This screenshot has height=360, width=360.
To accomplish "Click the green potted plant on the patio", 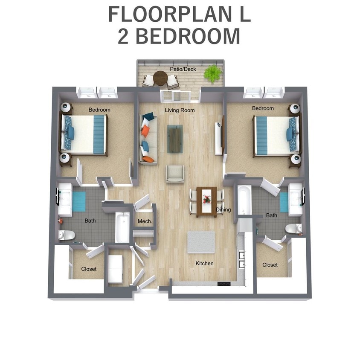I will coord(212,73).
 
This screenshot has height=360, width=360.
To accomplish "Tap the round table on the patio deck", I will coord(160,78).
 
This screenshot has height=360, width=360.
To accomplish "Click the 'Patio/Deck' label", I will coord(183,69).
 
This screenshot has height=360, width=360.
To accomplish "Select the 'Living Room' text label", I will coord(180,110).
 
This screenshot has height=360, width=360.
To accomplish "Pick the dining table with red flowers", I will coord(206,201).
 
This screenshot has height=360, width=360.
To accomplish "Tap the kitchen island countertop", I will coord(201,242).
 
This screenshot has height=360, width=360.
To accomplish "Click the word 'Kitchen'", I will coord(204,264).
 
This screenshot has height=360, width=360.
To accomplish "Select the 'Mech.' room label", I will coord(142,222).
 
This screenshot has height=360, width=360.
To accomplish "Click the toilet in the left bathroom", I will coord(67,235).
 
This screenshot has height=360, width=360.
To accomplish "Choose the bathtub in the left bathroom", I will coord(122,227).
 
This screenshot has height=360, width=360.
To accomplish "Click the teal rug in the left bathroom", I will coord(79,201).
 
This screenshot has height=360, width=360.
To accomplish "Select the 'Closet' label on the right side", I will coord(270,265).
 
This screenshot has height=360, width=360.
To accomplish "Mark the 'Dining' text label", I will coord(224,210).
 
